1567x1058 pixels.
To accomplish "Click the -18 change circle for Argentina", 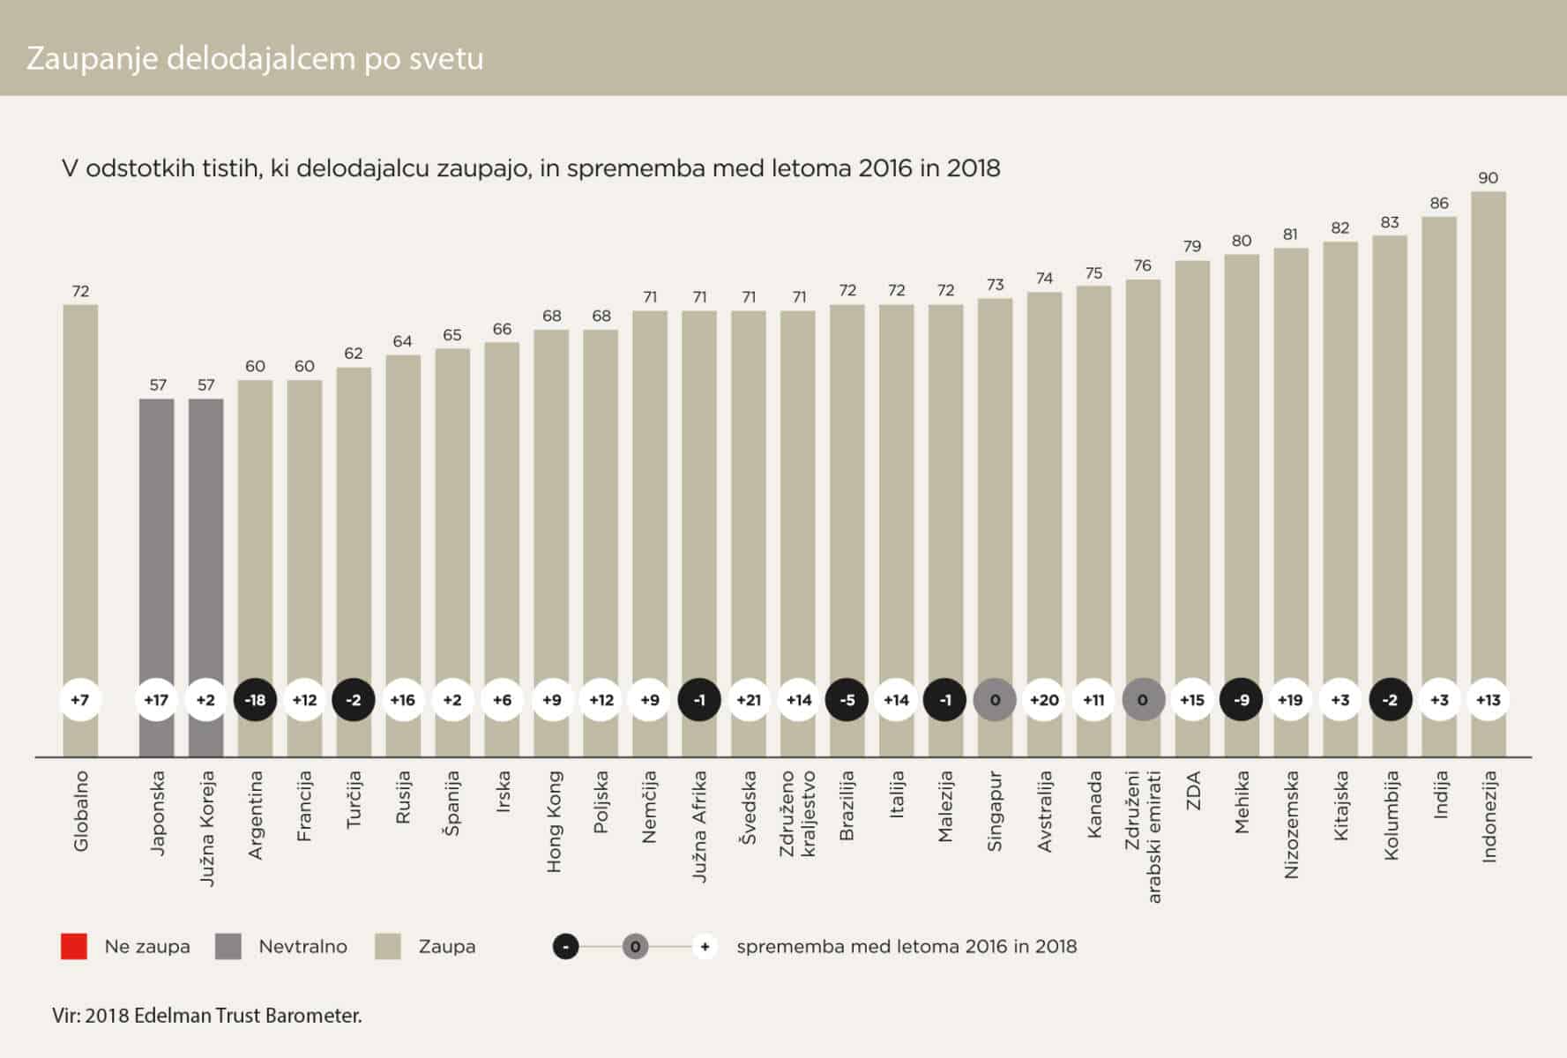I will point(255,700).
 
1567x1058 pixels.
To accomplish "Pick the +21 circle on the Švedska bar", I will point(749,700).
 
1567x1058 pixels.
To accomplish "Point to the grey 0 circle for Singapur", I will point(995,700).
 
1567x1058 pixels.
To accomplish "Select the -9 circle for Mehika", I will point(1241,700).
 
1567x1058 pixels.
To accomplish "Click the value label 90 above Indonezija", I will point(1488,178).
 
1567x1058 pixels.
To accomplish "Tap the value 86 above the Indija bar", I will point(1439,203).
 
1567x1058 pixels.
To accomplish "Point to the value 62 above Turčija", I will point(354,354).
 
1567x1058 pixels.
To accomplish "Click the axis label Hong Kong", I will point(554,822).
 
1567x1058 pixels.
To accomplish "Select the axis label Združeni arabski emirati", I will point(1143,836).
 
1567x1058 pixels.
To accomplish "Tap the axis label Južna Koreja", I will point(206,828).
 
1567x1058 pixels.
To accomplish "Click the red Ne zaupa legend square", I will point(74,946).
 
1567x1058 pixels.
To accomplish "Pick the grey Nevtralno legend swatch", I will point(228,946).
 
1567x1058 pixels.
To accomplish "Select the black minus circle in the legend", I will point(565,947).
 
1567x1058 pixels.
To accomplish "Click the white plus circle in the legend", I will point(704,947).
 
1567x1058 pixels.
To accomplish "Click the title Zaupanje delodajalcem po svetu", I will point(255,58).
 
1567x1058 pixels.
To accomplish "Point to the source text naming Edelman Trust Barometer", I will point(207,1016).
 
